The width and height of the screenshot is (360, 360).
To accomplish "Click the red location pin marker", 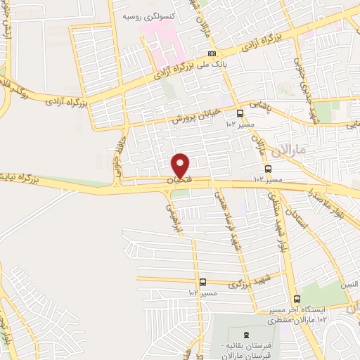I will tap(181, 165).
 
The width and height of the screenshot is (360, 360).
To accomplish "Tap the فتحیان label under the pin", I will tap(181, 181).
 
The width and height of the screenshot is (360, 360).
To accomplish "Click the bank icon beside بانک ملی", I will tap(212, 54).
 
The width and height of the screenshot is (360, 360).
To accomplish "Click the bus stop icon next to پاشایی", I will tap(240, 112).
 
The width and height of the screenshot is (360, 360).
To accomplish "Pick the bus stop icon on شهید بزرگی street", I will tap(203, 282).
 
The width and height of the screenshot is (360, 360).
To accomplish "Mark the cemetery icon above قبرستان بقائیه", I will tap(245, 334).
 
